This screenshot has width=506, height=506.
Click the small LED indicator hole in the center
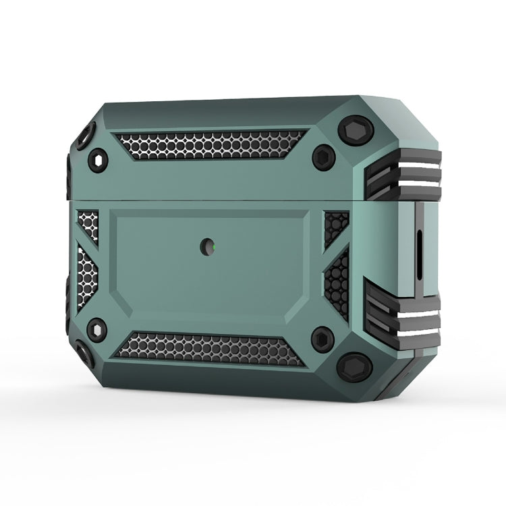tap(207, 248)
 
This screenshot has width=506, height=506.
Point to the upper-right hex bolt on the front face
tap(323, 157)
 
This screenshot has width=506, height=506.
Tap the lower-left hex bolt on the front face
tap(97, 329)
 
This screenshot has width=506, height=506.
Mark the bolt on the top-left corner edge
tap(84, 137)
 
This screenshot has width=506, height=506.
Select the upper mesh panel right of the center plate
tap(335, 226)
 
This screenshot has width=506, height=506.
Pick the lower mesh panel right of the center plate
tap(337, 283)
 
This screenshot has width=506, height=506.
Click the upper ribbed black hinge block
tap(403, 175)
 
